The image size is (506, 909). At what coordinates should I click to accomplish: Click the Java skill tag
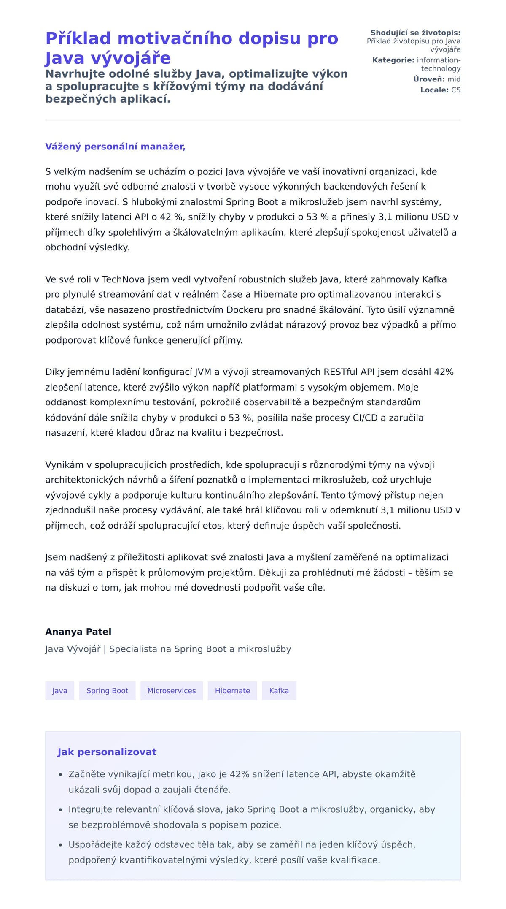59,691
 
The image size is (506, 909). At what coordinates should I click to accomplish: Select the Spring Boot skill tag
107,691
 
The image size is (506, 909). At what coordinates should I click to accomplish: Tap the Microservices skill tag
172,691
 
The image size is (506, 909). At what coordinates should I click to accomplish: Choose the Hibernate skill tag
232,691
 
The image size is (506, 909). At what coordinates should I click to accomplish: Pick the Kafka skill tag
279,691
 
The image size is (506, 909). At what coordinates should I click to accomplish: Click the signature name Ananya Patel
78,632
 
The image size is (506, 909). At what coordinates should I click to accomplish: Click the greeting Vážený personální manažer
115,147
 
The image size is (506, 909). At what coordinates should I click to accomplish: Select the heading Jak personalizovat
107,752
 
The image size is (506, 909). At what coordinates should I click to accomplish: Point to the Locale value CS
455,90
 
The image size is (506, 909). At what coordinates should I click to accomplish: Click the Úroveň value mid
454,79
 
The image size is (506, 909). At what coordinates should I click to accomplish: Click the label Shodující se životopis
415,33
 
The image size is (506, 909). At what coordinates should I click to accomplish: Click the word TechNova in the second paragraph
124,279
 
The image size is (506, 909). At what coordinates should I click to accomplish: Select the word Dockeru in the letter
245,310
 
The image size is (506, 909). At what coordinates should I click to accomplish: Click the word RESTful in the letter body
340,372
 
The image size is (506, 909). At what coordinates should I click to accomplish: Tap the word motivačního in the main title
175,38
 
